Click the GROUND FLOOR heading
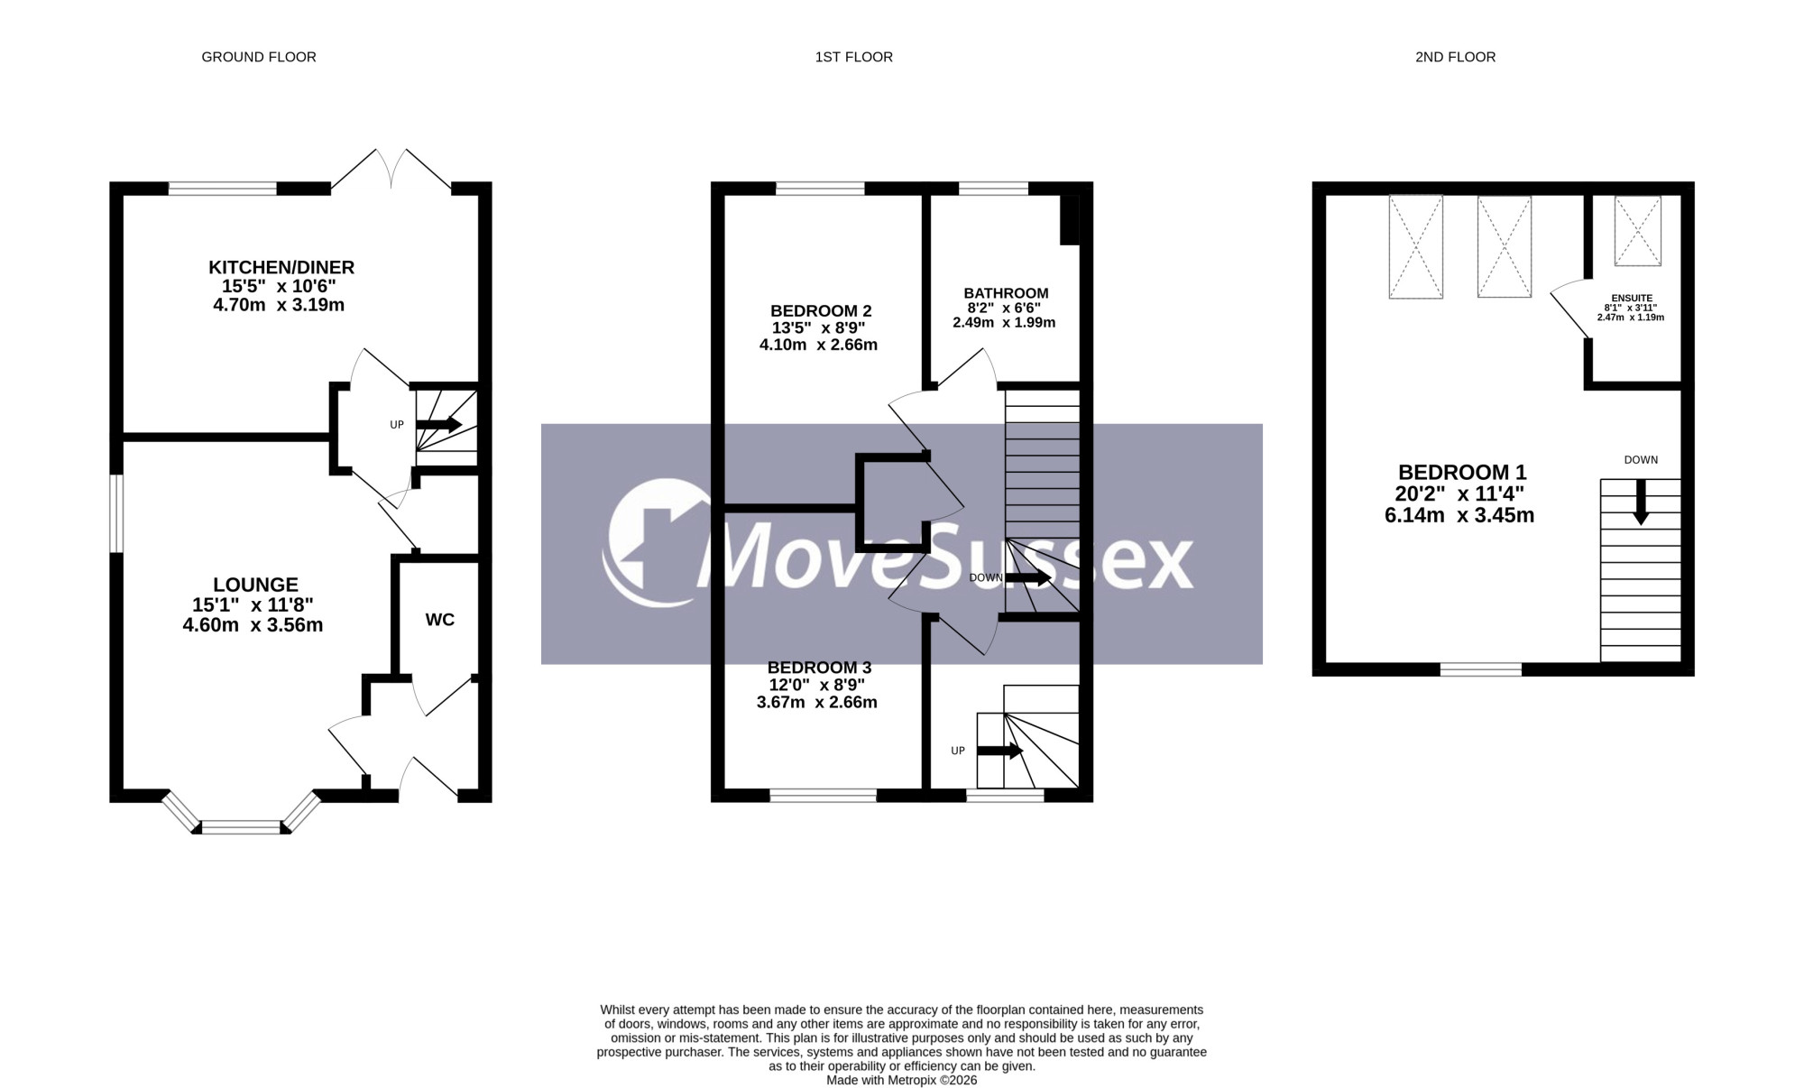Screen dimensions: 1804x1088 [259, 57]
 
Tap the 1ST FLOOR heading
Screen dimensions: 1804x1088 [854, 57]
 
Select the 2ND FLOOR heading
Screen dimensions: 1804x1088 [1456, 57]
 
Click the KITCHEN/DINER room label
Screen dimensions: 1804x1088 [281, 267]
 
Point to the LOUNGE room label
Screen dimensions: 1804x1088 [255, 585]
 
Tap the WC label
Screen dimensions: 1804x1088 [440, 620]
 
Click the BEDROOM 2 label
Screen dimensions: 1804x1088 [821, 311]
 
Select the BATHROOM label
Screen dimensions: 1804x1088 [1006, 293]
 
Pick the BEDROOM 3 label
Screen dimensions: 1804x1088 [819, 668]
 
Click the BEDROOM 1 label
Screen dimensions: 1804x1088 [1462, 472]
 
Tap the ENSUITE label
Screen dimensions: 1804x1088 [1632, 298]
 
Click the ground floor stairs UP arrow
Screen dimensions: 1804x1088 [439, 424]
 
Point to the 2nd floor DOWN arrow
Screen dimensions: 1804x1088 [1641, 502]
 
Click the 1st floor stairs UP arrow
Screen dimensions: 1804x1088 [1000, 751]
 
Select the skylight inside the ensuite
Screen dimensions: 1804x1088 [1637, 231]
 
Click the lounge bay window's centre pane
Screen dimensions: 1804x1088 [242, 827]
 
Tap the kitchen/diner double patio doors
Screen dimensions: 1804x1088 [391, 170]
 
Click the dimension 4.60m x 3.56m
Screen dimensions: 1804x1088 [253, 625]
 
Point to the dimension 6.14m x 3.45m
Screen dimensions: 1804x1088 [1459, 515]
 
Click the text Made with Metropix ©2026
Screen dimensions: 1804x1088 [902, 1080]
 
